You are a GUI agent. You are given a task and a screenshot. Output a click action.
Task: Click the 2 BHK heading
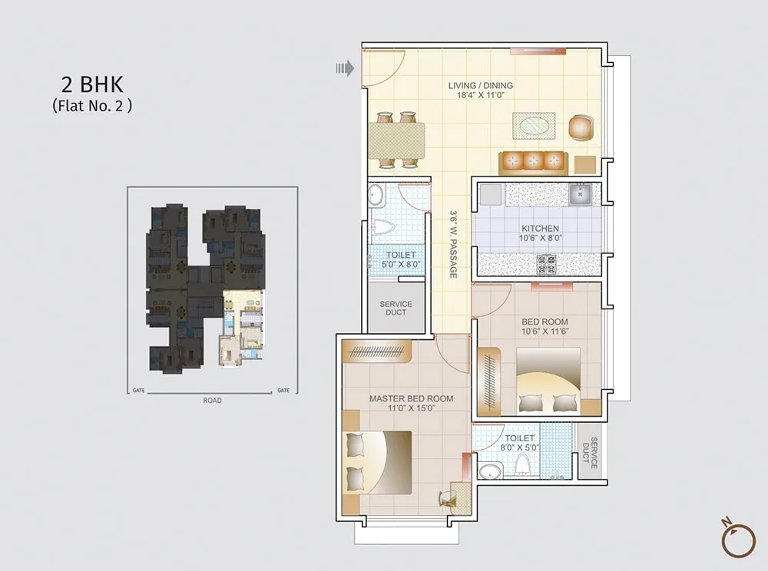92,84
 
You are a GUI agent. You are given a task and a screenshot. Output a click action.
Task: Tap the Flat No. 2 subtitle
92,106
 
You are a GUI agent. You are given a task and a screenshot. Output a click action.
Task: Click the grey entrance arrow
345,68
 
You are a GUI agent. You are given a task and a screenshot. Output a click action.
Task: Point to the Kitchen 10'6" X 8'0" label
540,233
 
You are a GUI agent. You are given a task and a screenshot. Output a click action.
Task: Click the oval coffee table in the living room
534,127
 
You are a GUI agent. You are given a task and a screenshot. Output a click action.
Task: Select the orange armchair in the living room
581,127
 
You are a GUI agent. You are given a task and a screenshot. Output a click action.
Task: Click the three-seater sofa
534,163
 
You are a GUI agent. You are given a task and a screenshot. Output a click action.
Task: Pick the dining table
397,140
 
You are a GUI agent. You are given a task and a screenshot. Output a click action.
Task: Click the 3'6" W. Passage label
454,245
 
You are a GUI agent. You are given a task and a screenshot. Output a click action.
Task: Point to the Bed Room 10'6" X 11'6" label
545,326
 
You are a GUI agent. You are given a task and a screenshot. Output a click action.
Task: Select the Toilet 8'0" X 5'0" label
520,443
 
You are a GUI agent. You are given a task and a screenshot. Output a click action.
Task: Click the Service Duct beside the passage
396,309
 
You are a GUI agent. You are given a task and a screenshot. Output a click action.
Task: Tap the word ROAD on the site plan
213,401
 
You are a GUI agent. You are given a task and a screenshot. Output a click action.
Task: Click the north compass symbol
738,539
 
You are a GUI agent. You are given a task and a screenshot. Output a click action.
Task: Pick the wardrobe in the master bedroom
376,352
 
